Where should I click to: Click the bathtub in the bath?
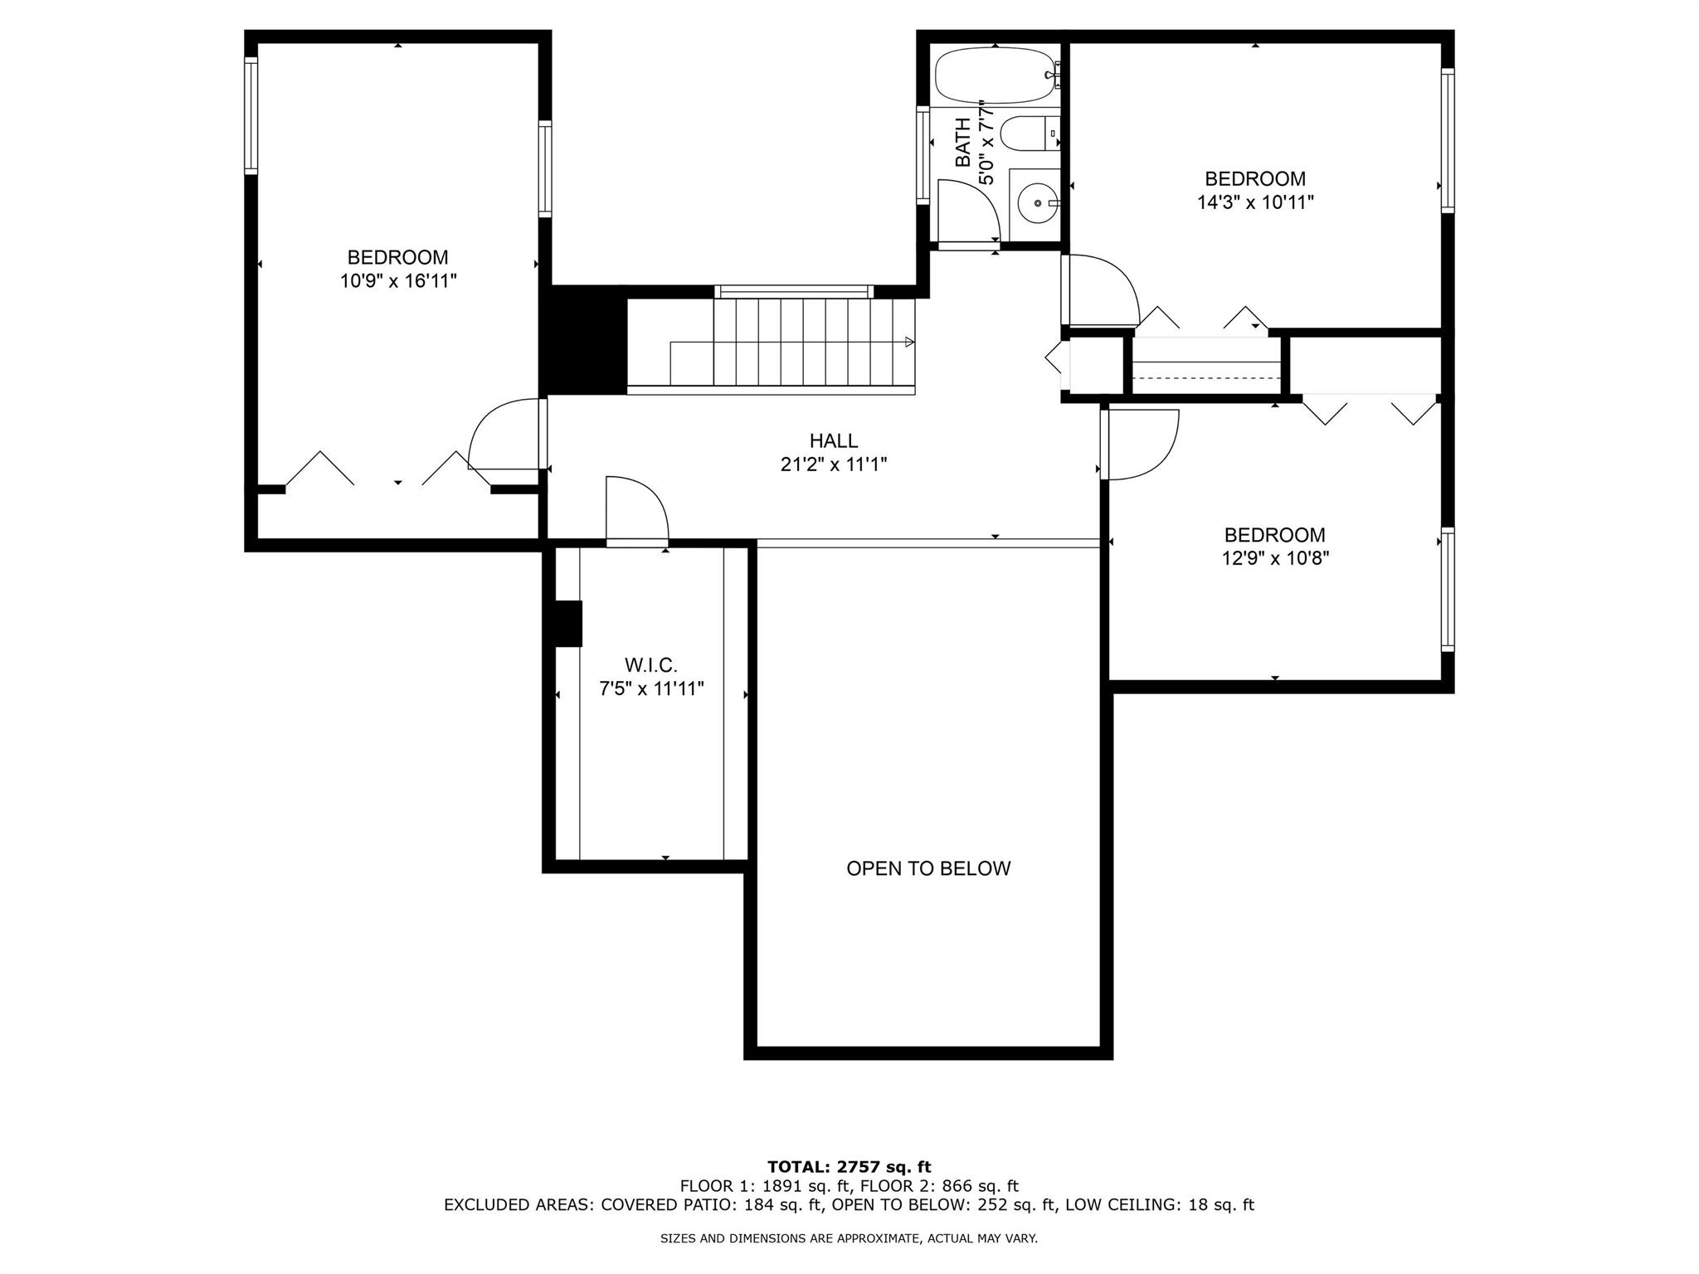(x=996, y=75)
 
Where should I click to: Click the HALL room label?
(x=834, y=440)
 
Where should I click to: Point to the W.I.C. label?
(x=651, y=664)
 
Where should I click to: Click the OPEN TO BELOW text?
(x=928, y=868)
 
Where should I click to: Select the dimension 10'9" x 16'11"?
(x=398, y=281)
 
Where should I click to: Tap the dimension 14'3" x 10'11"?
(x=1255, y=202)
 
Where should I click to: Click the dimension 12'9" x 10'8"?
(x=1275, y=558)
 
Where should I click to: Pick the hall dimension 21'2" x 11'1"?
(x=834, y=464)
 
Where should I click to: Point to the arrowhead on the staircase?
(x=909, y=342)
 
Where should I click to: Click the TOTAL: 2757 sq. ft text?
(x=849, y=1167)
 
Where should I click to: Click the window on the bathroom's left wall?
(x=923, y=154)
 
